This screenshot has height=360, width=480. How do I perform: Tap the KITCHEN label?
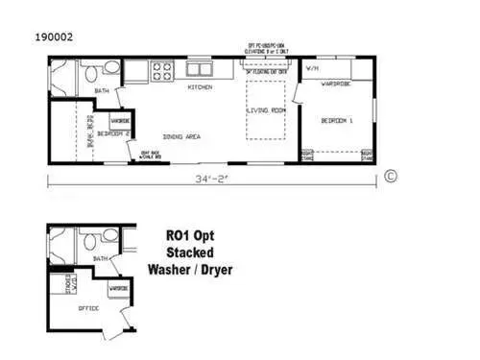200,88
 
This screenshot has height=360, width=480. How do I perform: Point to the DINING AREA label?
181,137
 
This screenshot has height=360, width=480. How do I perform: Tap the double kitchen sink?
200,69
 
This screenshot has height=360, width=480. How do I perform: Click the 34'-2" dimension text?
209,179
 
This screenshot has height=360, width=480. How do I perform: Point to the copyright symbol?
391,176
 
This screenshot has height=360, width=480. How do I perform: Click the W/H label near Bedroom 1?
312,69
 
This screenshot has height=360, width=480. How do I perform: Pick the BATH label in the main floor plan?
102,91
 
